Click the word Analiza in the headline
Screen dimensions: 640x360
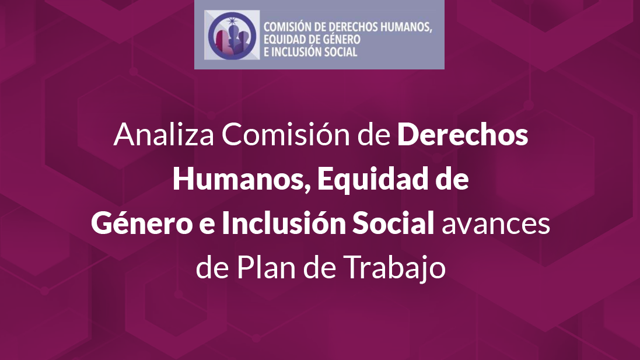pyautogui.click(x=164, y=134)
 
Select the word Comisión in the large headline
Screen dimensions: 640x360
pyautogui.click(x=286, y=134)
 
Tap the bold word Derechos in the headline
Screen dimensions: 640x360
pyautogui.click(x=463, y=134)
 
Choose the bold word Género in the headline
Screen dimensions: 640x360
pyautogui.click(x=142, y=223)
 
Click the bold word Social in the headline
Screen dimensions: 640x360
pyautogui.click(x=393, y=223)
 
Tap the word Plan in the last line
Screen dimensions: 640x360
pyautogui.click(x=265, y=267)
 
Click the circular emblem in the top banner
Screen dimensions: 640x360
pyautogui.click(x=232, y=35)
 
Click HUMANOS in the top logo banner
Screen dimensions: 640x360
pyautogui.click(x=405, y=27)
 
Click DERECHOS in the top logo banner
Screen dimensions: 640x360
pyautogui.click(x=354, y=27)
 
